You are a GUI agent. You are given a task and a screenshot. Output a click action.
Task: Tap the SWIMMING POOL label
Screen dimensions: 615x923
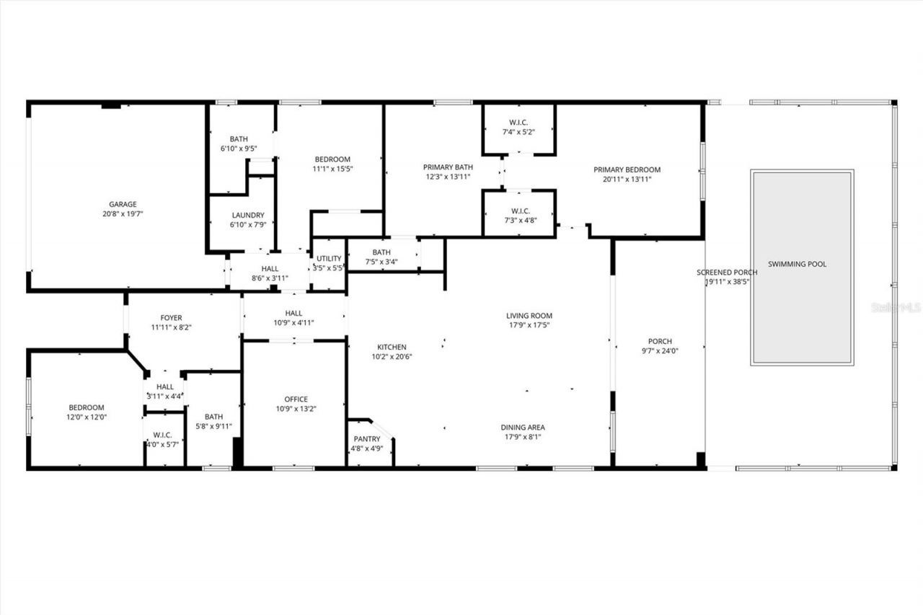(797, 265)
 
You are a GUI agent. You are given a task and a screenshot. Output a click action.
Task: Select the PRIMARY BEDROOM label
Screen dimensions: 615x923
(627, 170)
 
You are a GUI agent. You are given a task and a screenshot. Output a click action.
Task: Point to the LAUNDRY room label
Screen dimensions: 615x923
(248, 216)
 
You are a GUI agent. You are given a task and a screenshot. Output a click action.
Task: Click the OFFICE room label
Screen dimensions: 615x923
(296, 399)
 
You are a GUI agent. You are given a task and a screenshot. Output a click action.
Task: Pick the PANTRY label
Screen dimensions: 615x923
(367, 439)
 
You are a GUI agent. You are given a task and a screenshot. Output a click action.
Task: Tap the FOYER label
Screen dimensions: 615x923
(171, 318)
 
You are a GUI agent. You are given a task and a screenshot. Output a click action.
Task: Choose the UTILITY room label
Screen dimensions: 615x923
(329, 259)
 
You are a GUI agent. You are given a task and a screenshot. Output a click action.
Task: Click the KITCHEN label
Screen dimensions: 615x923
(389, 348)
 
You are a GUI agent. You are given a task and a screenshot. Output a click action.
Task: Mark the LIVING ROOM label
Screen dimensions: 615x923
(529, 316)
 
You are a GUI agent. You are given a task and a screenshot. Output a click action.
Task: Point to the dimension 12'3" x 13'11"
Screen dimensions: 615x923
(448, 177)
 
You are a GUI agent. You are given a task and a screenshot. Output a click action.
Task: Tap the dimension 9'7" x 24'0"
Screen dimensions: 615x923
(660, 351)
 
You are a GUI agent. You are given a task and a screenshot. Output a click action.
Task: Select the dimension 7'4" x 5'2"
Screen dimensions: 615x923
(518, 133)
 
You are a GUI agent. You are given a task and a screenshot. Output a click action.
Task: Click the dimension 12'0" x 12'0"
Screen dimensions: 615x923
(87, 417)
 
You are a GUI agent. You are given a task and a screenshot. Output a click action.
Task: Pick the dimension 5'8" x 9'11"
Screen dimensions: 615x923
(213, 426)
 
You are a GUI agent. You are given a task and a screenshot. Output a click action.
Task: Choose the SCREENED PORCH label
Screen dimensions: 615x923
(727, 273)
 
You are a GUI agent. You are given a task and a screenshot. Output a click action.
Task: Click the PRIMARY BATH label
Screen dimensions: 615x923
(448, 167)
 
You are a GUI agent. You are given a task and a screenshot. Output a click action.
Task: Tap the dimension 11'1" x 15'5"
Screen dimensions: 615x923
(332, 169)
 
